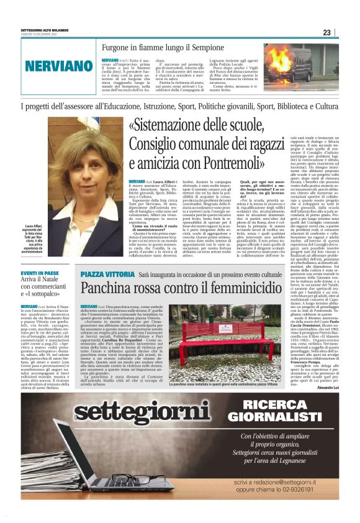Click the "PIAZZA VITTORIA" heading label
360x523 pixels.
pyautogui.click(x=104, y=273)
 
